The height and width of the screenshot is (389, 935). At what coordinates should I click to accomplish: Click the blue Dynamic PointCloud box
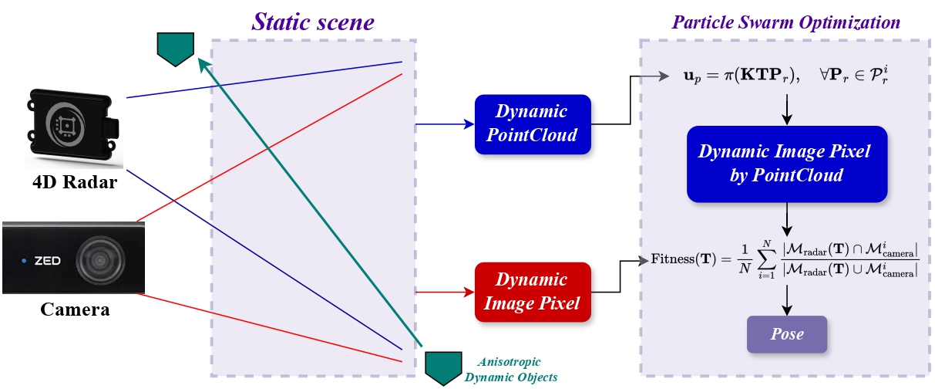point(533,123)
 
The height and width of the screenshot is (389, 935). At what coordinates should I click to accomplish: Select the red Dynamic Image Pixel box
point(533,291)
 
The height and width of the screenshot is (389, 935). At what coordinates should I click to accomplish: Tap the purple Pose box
point(786,334)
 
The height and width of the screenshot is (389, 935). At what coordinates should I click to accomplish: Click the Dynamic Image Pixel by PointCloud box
point(785,164)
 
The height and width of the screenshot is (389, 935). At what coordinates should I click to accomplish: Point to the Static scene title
point(312,22)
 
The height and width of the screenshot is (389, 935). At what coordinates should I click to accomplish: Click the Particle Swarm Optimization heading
point(786,22)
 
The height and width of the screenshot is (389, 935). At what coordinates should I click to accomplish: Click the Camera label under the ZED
point(74,310)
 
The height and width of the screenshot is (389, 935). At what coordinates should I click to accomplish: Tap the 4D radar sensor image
point(74,127)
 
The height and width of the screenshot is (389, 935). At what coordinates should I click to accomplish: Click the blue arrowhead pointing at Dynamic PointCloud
point(467,123)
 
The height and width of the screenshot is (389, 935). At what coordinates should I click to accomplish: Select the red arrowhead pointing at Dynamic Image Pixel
point(467,292)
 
